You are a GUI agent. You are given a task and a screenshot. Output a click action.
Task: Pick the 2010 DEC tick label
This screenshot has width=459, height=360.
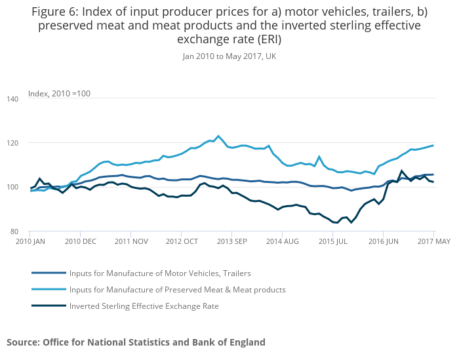tap(80, 241)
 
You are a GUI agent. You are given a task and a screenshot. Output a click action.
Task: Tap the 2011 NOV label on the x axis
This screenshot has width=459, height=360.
tap(130, 241)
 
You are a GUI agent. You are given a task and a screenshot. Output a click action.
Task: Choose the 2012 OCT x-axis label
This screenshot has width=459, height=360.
tap(182, 241)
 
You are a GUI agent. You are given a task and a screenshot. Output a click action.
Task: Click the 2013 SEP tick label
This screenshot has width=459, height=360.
tap(232, 241)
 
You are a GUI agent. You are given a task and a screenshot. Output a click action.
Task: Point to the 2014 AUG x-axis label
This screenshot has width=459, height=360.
tap(282, 241)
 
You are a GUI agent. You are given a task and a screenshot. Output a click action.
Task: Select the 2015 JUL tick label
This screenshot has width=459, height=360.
tap(332, 241)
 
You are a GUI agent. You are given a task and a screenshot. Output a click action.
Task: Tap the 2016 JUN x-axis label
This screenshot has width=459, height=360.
tap(383, 241)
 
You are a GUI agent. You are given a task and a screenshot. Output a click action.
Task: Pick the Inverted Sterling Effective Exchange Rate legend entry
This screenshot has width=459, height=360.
tap(144, 306)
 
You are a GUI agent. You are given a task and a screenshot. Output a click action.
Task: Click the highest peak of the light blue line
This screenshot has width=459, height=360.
tap(218, 136)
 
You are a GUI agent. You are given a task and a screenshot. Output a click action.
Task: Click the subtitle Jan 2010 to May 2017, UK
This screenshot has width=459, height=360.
tap(229, 56)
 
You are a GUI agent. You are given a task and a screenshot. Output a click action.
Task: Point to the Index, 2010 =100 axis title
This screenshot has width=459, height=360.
tap(59, 93)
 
